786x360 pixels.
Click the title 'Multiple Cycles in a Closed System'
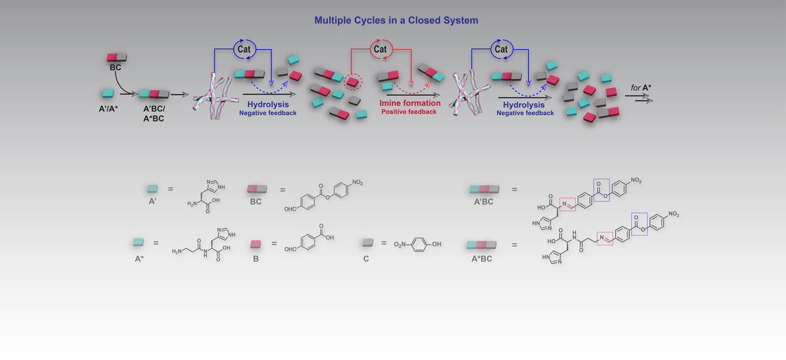[x=396, y=20]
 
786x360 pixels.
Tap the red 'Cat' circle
[x=380, y=49]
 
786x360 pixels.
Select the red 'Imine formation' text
[x=410, y=103]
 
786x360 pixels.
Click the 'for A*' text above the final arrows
[x=641, y=88]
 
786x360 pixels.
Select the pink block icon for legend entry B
[x=257, y=244]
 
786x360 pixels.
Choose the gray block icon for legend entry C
[x=367, y=244]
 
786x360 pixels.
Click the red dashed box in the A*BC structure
[x=605, y=238]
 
